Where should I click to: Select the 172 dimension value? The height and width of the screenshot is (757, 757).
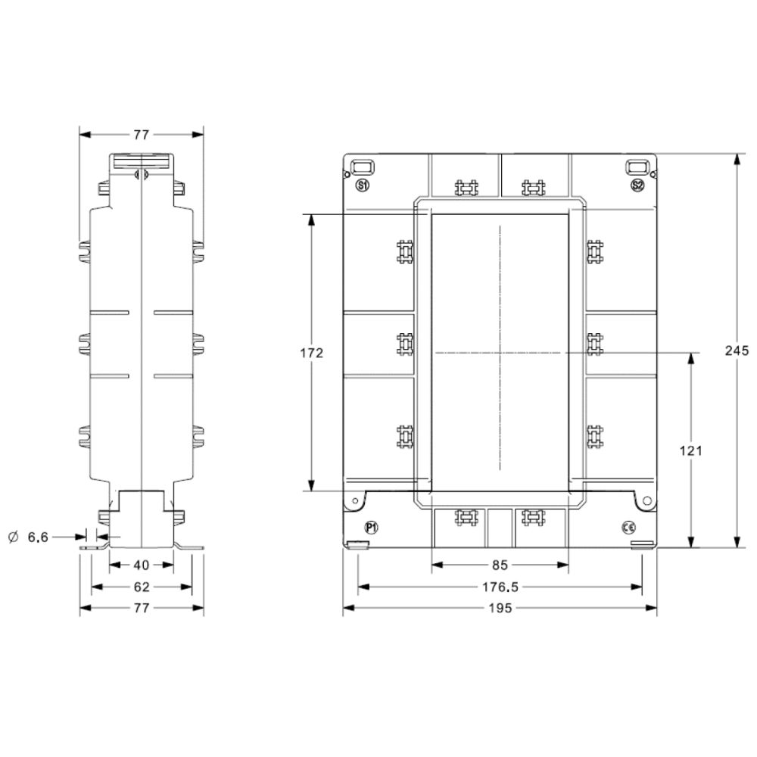[312, 353]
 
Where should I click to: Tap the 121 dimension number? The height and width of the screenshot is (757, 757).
[690, 450]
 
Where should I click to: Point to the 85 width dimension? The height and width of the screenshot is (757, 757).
[500, 564]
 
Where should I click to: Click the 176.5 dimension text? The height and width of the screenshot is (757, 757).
[500, 587]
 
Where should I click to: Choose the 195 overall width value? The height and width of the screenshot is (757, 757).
[500, 608]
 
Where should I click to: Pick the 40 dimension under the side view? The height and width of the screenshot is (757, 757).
[142, 564]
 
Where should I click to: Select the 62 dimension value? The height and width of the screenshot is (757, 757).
[142, 587]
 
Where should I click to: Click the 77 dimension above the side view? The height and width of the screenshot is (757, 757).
[142, 135]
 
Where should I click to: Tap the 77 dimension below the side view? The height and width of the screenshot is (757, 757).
[142, 608]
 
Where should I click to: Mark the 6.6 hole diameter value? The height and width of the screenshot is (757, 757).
[38, 537]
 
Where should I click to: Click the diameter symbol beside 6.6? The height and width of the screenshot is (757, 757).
[12, 537]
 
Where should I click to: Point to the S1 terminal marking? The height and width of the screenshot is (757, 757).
[362, 185]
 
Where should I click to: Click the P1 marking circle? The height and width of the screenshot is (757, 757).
[371, 527]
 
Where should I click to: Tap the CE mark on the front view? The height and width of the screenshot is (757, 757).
[628, 527]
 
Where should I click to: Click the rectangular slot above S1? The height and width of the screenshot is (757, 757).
[362, 166]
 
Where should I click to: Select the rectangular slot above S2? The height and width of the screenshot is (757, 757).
[637, 166]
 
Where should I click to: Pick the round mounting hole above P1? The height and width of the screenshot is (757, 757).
[354, 500]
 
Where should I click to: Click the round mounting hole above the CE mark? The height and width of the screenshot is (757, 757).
[646, 500]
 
